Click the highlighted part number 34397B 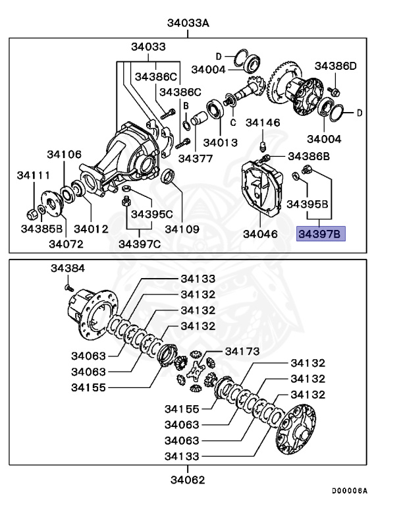pyautogui.click(x=321, y=233)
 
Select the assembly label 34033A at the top pyautogui.click(x=188, y=24)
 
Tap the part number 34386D pyautogui.click(x=336, y=66)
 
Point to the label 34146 pyautogui.click(x=263, y=123)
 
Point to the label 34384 pyautogui.click(x=68, y=269)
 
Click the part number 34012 pyautogui.click(x=91, y=229)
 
